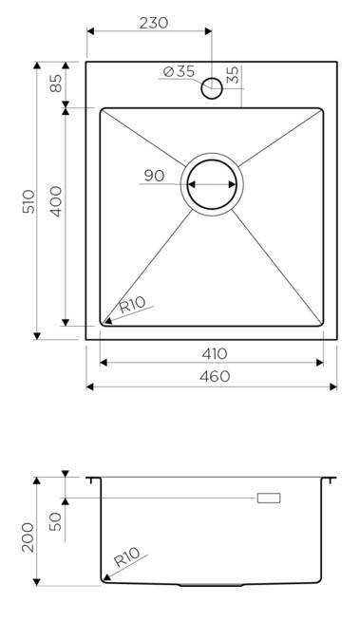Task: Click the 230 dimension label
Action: coord(154,23)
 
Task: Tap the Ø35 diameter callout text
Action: coord(179,72)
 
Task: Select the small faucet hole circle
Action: coord(212,88)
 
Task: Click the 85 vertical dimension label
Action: coord(56,83)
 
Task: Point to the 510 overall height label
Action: coord(28,201)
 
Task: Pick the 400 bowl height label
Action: coord(55,201)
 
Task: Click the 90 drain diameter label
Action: coord(154,176)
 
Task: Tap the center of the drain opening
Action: coord(212,184)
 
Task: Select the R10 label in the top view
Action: coord(132,305)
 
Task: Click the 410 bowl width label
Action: coord(215,353)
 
